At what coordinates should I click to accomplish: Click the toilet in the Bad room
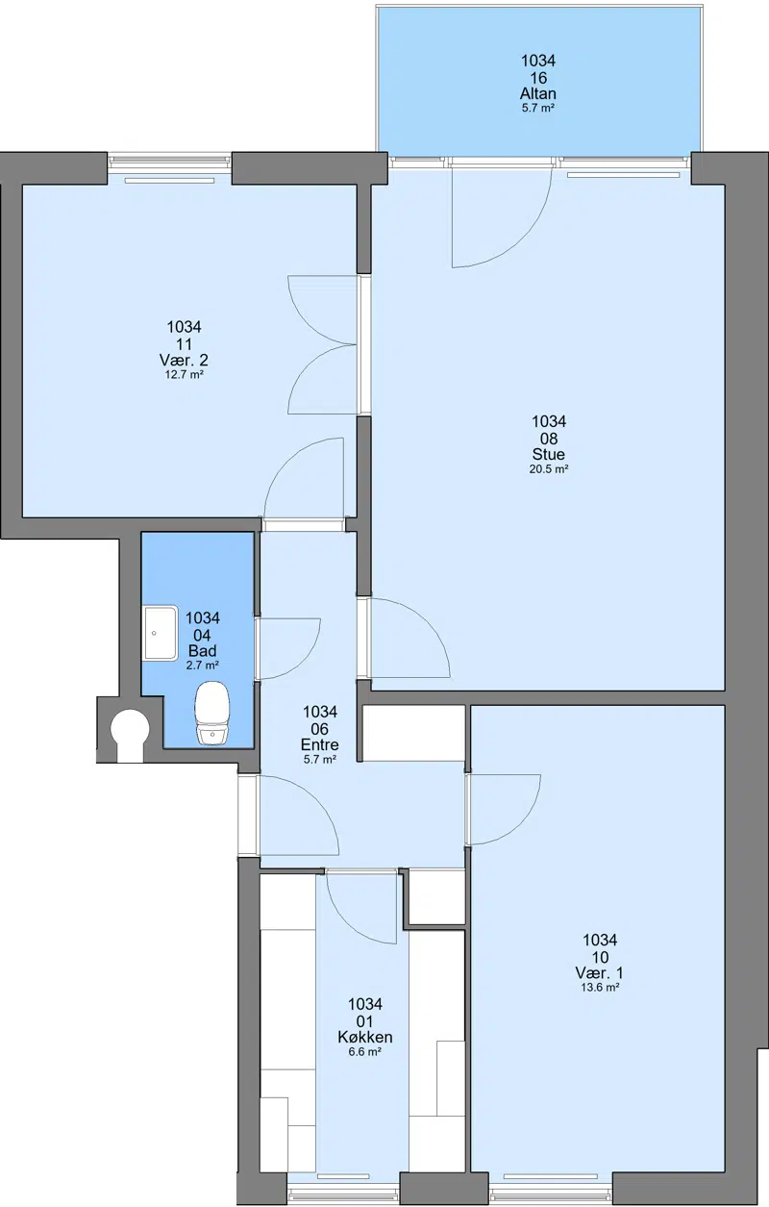click(212, 713)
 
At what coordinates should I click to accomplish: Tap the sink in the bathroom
click(161, 633)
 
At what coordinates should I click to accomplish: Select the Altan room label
click(538, 93)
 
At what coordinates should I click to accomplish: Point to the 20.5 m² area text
click(549, 468)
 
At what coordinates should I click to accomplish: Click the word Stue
click(549, 454)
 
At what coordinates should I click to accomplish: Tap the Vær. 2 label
click(184, 360)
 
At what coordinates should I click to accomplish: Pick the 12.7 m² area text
click(184, 374)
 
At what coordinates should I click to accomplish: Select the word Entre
click(320, 744)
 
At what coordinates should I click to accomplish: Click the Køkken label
click(365, 1037)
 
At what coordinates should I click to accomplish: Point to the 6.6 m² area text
click(365, 1052)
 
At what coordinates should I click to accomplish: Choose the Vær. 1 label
click(600, 972)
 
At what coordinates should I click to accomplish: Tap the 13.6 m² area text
click(600, 988)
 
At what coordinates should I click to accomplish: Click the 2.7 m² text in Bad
click(203, 666)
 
